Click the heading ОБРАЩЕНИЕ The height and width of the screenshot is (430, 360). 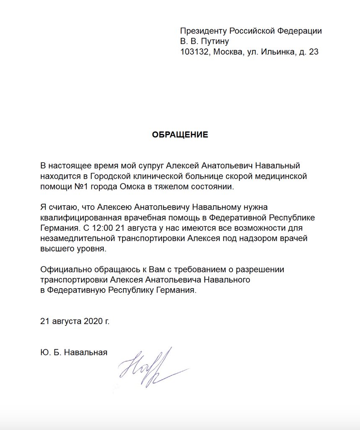click(x=180, y=135)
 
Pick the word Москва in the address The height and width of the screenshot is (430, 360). click(x=229, y=52)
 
